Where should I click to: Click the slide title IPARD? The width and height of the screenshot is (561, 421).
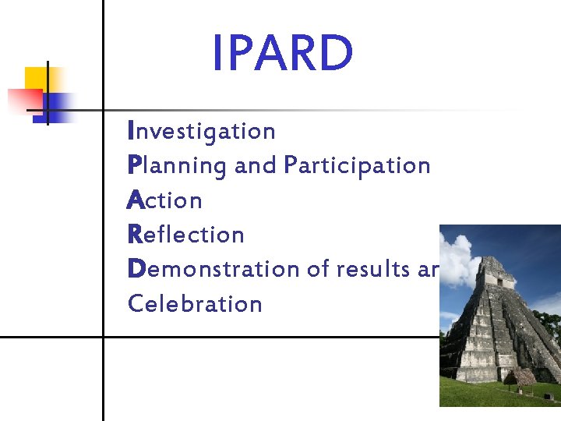tap(283, 54)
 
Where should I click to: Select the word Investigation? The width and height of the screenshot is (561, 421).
tap(202, 132)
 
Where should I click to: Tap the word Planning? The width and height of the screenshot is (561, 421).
tap(177, 166)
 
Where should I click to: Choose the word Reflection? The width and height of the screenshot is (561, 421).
tap(186, 235)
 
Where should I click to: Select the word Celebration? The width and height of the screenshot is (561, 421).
tap(195, 303)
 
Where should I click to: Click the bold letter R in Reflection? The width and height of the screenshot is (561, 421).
tap(135, 235)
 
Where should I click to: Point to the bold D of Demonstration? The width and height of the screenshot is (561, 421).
tap(136, 269)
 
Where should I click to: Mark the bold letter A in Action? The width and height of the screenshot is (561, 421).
tap(136, 200)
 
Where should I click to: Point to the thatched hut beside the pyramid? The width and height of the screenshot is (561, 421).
tap(520, 378)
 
